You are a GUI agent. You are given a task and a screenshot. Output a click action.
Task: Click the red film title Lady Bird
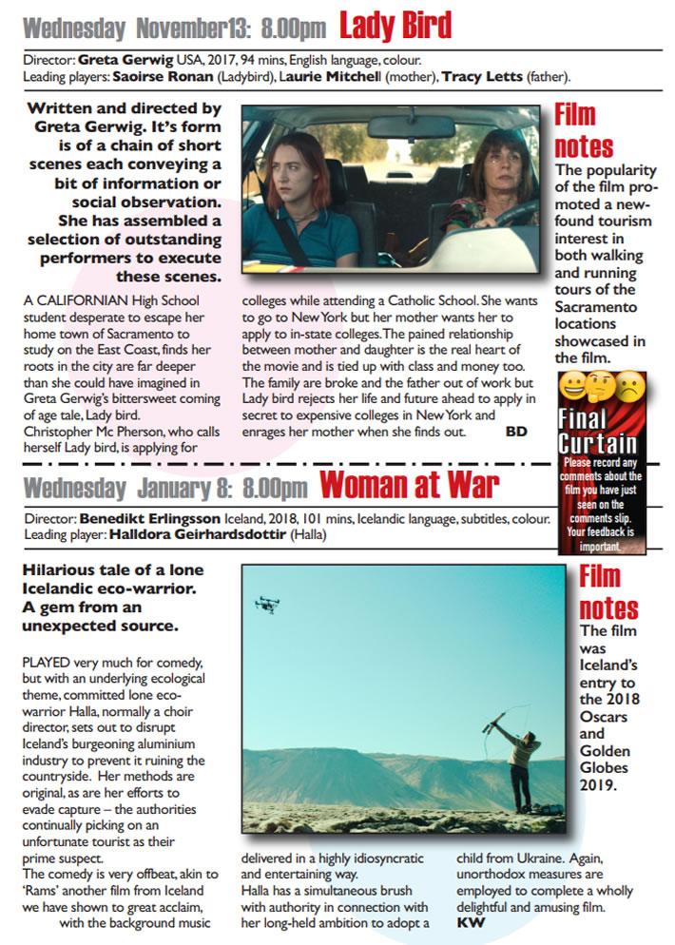tap(395, 26)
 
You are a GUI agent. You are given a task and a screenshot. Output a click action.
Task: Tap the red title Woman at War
tap(409, 486)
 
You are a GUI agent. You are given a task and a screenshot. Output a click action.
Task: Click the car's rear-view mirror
tap(411, 126)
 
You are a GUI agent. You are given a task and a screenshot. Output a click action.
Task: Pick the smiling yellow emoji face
tap(572, 387)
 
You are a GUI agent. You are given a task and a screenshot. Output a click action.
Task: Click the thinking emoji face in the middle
tap(601, 387)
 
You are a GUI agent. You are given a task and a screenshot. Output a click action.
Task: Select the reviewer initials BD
tap(516, 431)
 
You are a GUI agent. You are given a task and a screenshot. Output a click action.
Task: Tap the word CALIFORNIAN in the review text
tap(78, 301)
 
